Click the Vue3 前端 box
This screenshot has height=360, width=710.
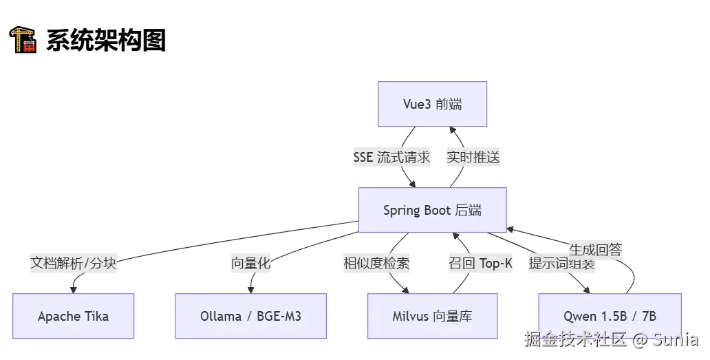pos(432,104)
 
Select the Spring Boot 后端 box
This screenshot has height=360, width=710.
pos(432,210)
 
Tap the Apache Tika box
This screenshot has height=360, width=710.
pos(73,316)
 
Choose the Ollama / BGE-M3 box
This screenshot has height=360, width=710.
pos(250,316)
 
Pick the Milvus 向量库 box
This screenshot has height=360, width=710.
pos(432,316)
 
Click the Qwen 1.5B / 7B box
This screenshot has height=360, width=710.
pos(610,316)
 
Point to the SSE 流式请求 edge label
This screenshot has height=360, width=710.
pos(391,157)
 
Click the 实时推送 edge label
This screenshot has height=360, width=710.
pos(473,157)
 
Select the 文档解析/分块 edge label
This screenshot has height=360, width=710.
pos(74,263)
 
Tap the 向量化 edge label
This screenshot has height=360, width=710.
pos(250,263)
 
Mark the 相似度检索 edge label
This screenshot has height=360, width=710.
pos(376,263)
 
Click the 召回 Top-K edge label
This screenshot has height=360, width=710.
pos(480,263)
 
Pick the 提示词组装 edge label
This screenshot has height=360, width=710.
pos(561,263)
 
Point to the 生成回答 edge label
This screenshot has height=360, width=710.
pos(595,249)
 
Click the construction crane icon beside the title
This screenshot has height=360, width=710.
pos(22,40)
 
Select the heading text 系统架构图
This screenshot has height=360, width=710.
pos(106,41)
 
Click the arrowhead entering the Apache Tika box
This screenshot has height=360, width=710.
pos(72,290)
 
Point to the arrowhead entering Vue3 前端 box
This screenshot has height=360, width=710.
pos(453,130)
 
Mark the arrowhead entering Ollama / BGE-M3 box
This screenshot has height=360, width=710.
pos(250,290)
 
